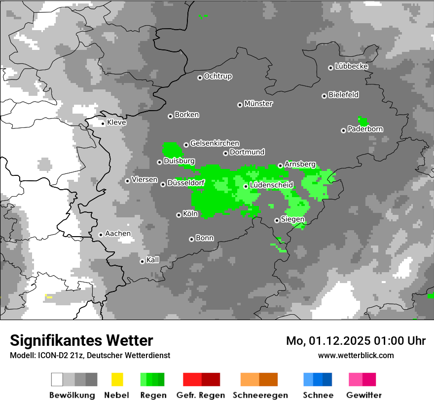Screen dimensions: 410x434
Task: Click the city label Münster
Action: pyautogui.click(x=258, y=104)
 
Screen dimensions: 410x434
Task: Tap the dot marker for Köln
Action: pyautogui.click(x=179, y=215)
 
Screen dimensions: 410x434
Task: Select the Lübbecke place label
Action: pyautogui.click(x=352, y=66)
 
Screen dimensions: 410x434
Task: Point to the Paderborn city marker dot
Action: pyautogui.click(x=343, y=130)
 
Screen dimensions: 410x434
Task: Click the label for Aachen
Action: pyautogui.click(x=118, y=234)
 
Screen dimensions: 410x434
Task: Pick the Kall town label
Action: pyautogui.click(x=153, y=260)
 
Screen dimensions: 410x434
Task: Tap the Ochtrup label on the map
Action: pyautogui.click(x=218, y=76)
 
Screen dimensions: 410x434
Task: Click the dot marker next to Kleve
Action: pyautogui.click(x=103, y=123)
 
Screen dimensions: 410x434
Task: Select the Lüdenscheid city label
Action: pyautogui.click(x=271, y=185)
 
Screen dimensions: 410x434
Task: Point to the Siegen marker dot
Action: pyautogui.click(x=277, y=220)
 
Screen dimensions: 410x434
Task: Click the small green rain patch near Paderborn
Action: pyautogui.click(x=362, y=121)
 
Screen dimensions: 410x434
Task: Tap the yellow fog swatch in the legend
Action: pyautogui.click(x=117, y=379)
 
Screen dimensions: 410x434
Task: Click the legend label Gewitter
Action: pyautogui.click(x=363, y=395)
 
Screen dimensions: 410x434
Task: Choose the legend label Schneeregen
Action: pyautogui.click(x=260, y=395)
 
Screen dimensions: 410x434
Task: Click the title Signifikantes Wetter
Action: pyautogui.click(x=81, y=340)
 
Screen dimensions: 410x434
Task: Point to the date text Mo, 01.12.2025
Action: pyautogui.click(x=327, y=341)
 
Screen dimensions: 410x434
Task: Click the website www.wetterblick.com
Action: pyautogui.click(x=356, y=355)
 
